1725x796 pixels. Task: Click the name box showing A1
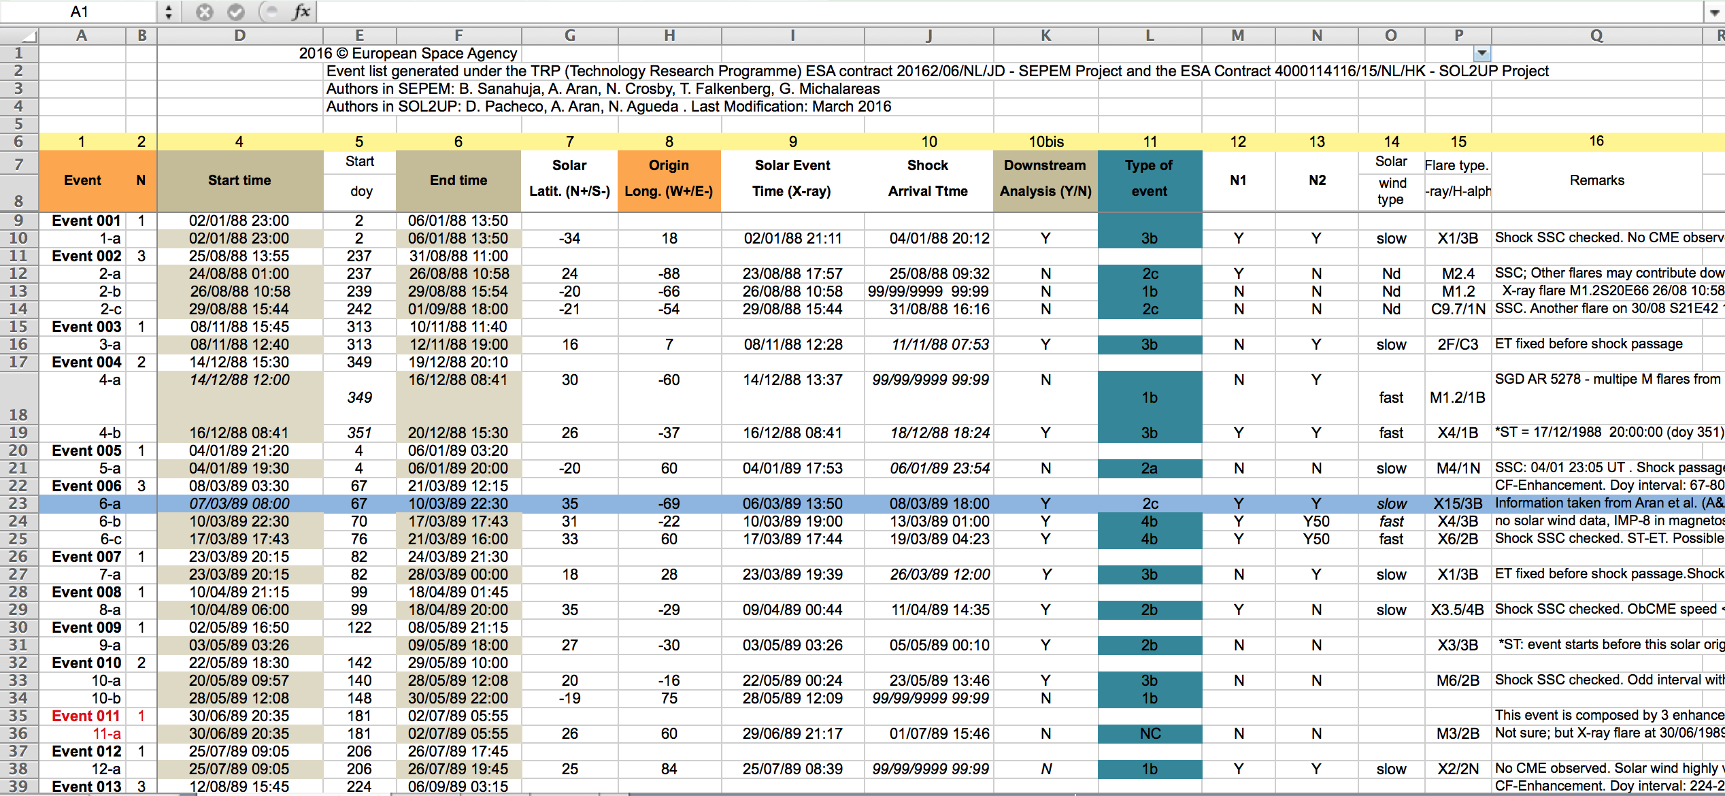point(80,12)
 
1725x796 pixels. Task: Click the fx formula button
point(301,12)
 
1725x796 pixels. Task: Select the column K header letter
point(1045,35)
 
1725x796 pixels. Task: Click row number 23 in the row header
point(18,503)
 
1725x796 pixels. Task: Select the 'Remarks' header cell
point(1596,180)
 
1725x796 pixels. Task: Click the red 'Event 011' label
point(86,716)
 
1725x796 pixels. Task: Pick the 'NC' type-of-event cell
point(1150,733)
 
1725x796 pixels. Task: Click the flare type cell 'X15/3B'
point(1458,503)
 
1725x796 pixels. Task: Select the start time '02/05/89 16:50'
point(239,627)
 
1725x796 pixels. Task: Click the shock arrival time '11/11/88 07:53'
point(940,344)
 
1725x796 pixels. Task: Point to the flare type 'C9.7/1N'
point(1458,309)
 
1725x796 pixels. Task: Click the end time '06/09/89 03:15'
point(458,786)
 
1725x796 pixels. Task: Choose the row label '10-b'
point(106,698)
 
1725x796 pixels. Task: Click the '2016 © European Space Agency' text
point(408,54)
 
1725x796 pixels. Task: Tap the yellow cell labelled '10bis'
point(1045,142)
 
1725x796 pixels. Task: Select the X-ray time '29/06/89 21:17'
point(792,733)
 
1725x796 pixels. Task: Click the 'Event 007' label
point(86,557)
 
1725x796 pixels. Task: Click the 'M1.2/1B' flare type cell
point(1458,397)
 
